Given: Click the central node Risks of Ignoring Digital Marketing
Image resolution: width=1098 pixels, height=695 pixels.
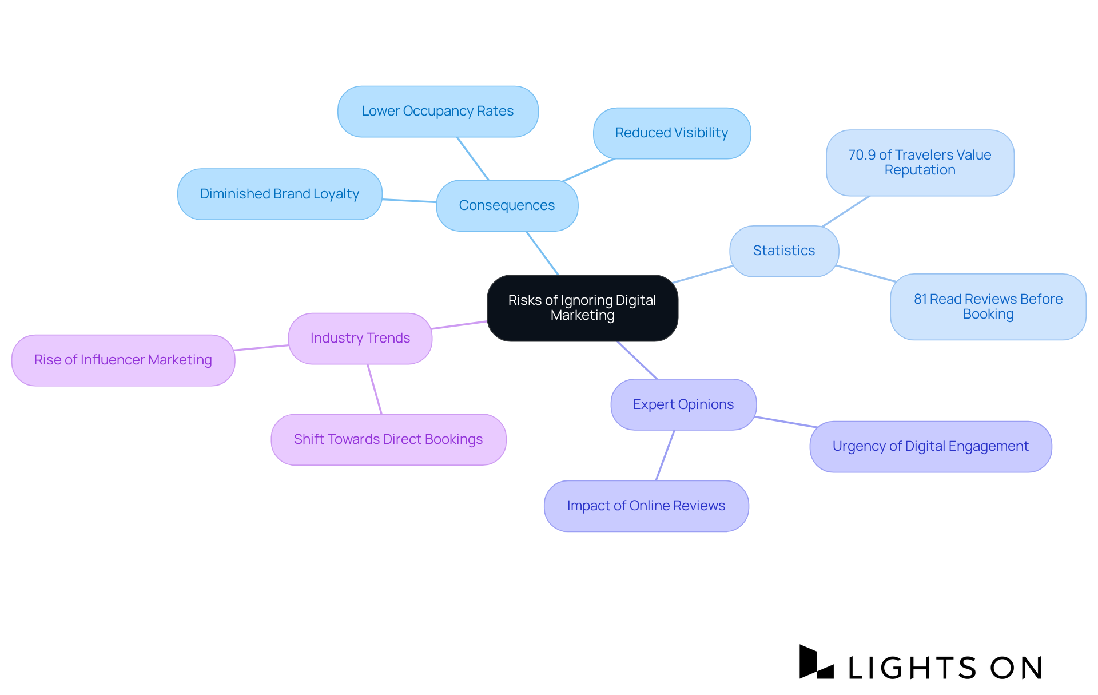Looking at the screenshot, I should [582, 308].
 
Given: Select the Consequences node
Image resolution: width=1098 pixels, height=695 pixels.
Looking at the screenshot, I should [507, 205].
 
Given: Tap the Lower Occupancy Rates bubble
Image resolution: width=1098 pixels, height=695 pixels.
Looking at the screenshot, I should [437, 111].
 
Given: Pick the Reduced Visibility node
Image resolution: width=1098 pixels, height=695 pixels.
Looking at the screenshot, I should [671, 133].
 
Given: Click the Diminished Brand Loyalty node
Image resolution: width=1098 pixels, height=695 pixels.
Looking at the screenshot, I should [280, 194].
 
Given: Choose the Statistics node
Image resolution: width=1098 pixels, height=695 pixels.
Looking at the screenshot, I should [783, 251].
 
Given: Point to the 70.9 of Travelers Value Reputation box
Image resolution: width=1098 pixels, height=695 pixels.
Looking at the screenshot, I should [920, 162].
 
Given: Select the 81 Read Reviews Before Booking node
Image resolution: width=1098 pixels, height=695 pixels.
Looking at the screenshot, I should [988, 307].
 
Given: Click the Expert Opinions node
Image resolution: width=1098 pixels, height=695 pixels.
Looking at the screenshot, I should [683, 404].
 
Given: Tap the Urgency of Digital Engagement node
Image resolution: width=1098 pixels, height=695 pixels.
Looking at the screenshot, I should [930, 446].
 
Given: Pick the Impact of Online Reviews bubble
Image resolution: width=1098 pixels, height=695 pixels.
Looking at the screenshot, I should [646, 506].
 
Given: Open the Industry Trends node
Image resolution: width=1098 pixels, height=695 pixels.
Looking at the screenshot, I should [360, 338].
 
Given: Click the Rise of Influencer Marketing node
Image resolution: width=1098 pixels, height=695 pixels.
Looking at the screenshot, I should [123, 360].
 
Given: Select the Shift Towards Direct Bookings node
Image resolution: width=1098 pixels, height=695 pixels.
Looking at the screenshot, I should [388, 439].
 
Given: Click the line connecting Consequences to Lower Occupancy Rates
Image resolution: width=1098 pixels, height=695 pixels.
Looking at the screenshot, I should [472, 158].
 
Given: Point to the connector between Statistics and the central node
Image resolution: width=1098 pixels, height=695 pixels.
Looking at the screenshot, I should [703, 274].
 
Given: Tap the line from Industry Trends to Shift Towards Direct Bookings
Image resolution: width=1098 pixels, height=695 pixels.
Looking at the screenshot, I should [375, 389].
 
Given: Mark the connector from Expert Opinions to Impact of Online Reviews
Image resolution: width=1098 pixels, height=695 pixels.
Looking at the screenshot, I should [665, 455].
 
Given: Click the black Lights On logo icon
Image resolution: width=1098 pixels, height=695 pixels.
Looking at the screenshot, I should [815, 663].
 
